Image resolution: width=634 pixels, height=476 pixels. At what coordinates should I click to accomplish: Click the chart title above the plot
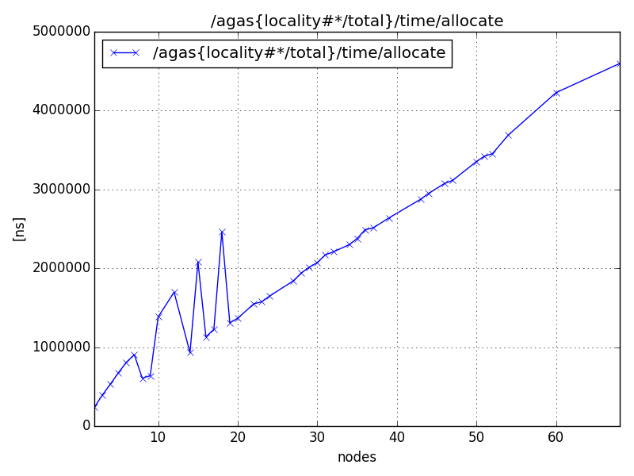(357, 21)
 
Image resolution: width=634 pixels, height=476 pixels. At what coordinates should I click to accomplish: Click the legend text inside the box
(299, 53)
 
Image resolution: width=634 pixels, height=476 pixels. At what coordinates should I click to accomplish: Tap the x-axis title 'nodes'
(357, 458)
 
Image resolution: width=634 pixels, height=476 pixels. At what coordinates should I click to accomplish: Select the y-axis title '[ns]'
(20, 228)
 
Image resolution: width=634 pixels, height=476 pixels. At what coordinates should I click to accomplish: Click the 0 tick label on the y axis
(85, 426)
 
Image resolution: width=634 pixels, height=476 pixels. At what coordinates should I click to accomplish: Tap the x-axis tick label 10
(158, 437)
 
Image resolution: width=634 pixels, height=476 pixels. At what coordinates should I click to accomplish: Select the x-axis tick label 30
(317, 437)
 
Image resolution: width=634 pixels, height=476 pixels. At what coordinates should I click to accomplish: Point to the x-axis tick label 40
(397, 437)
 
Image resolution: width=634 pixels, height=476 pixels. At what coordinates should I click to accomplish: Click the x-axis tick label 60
(556, 437)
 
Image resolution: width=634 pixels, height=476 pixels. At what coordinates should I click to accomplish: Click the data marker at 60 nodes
(556, 93)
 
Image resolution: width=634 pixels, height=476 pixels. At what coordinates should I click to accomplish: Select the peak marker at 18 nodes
(222, 232)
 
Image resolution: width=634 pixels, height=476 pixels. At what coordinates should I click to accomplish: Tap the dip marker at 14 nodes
(190, 352)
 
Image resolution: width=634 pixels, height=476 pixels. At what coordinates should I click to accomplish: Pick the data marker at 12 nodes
(174, 292)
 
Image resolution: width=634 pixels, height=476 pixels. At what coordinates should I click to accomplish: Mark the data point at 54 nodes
(508, 135)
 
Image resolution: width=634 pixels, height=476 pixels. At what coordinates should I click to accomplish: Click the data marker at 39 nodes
(389, 218)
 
